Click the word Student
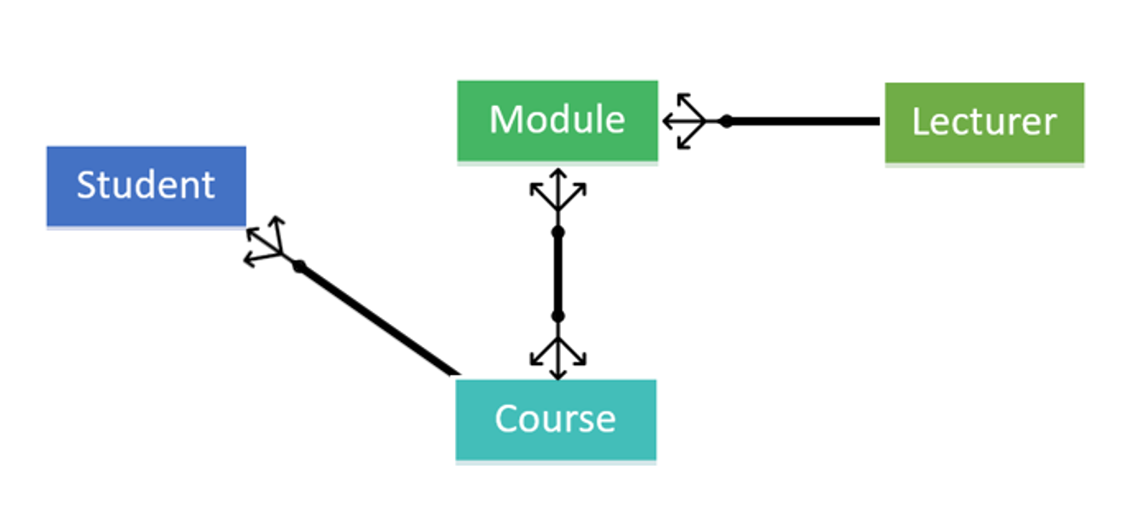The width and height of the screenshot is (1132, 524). coord(146,185)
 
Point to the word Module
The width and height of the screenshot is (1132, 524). coord(557,119)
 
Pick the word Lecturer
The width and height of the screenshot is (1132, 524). coord(984,121)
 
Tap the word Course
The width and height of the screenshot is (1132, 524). coord(555,419)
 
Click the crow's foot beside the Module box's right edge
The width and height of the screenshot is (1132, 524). coord(686,121)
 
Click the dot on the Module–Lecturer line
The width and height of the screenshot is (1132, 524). coord(726,121)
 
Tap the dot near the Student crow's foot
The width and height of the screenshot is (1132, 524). coord(298,267)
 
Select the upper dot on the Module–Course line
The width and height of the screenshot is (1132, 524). coord(557,232)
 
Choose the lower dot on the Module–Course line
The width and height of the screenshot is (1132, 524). coord(557,316)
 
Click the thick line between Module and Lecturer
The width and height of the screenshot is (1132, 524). coord(804,121)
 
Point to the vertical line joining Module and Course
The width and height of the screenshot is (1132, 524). coord(557,274)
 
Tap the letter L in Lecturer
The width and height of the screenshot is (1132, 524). coord(920,121)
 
